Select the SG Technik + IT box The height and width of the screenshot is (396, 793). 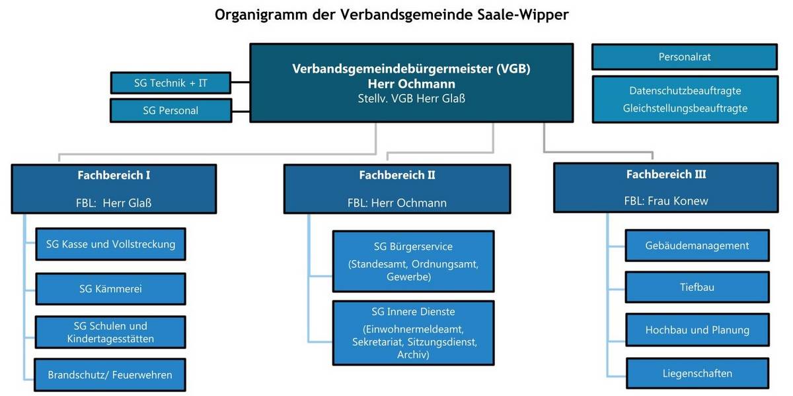(170, 82)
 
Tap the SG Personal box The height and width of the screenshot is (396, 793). (170, 110)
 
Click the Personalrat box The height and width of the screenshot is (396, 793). (684, 57)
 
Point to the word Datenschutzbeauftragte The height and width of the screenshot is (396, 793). (685, 90)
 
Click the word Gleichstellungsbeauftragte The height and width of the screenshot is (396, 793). (685, 108)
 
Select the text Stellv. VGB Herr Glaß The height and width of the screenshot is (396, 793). (411, 98)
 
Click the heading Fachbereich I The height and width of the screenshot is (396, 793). (114, 176)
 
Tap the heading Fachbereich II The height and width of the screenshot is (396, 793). (397, 176)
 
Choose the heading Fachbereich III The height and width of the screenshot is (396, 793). (665, 175)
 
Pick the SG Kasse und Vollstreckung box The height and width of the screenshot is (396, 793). (110, 244)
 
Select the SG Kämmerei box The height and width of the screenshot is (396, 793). (110, 288)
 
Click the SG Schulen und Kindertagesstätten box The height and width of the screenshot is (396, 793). (110, 333)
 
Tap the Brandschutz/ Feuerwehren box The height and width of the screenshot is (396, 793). (110, 375)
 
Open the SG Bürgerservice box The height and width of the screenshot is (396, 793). (413, 261)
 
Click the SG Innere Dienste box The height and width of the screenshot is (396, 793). (413, 333)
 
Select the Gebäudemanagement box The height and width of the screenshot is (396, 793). (697, 246)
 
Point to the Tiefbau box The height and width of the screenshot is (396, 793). (697, 287)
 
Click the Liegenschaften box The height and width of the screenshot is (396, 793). (697, 374)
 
